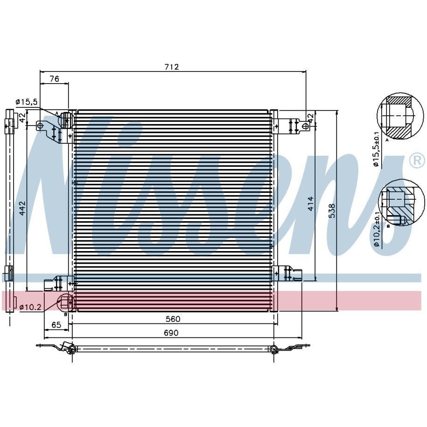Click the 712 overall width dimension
pos(172,67)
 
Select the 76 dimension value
pos(55,79)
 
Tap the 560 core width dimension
pos(173,319)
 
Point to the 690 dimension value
pos(171,333)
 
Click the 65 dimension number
pos(56,325)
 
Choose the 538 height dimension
pos(332,211)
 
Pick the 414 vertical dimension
pos(310,203)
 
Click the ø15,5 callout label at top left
pos(27,102)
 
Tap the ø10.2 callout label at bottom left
pos(30,308)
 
